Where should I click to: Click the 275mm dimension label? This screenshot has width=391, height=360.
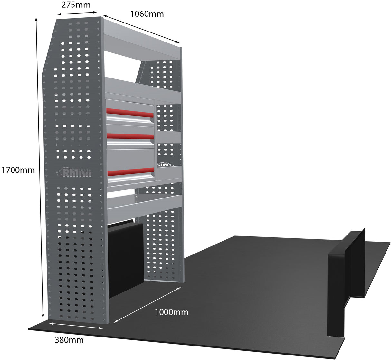click(x=76, y=5)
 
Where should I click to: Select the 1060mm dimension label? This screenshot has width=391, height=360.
click(x=147, y=14)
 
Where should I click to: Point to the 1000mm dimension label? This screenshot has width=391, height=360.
click(x=171, y=312)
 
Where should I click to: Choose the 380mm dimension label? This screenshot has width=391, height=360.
click(x=69, y=340)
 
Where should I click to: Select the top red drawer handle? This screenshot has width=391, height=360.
click(x=130, y=113)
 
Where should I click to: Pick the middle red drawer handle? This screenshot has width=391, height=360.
click(x=130, y=136)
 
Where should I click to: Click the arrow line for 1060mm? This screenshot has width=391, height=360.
click(x=141, y=29)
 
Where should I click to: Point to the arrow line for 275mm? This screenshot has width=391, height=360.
click(x=77, y=13)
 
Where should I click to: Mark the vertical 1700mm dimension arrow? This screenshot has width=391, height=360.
click(x=40, y=167)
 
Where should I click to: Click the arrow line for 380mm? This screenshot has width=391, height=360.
click(x=76, y=325)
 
